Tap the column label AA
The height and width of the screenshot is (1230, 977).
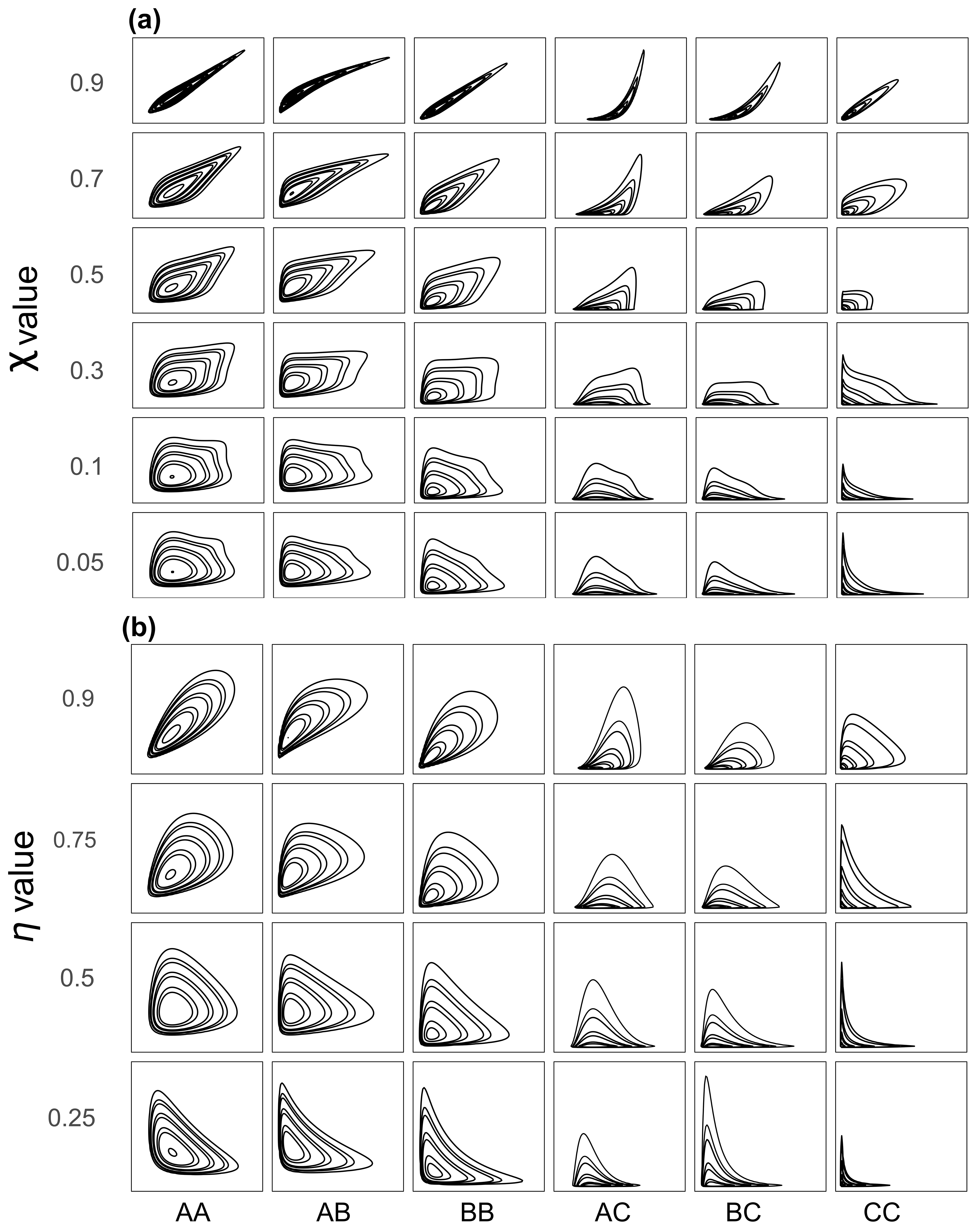point(193,1212)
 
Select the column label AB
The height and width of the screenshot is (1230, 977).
point(334,1212)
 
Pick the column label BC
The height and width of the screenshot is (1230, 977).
point(744,1212)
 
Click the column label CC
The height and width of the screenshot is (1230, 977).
point(882,1212)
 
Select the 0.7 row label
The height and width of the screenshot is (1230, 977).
point(87,179)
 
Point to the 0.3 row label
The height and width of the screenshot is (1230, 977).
point(87,371)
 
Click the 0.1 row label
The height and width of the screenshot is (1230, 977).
point(87,467)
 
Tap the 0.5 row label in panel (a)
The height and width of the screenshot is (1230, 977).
point(87,275)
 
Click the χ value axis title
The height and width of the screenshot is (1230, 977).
point(26,319)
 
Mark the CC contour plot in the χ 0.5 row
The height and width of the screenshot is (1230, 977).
point(902,270)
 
